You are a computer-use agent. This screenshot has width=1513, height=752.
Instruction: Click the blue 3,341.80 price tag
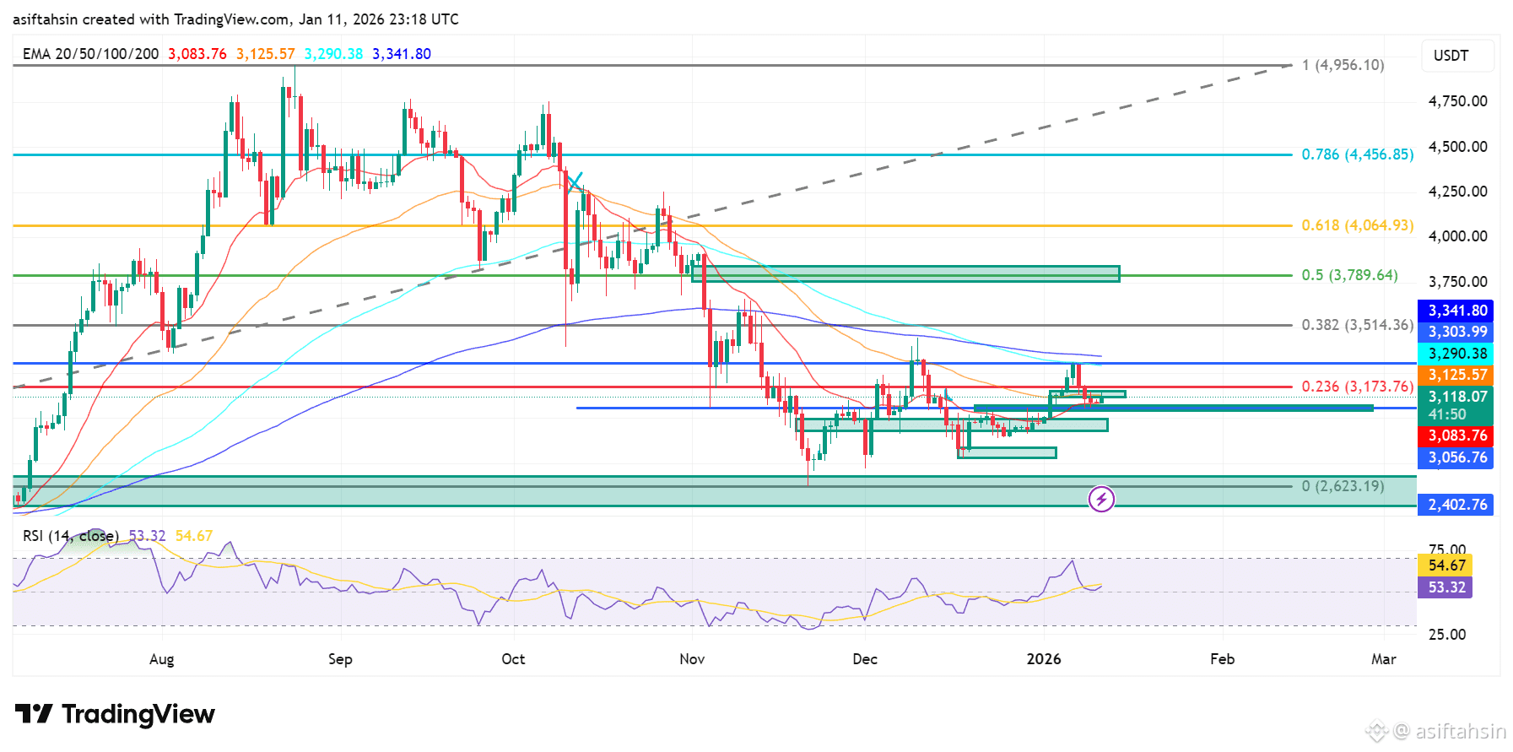point(1457,311)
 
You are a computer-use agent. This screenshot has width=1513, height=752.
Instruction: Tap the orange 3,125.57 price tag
point(1457,375)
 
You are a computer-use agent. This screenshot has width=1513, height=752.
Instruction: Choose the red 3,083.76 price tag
point(1457,436)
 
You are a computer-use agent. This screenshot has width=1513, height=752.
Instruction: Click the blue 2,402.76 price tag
point(1457,505)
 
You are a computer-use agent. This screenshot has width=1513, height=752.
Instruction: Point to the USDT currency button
point(1451,56)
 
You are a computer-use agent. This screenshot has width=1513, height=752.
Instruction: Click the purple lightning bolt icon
point(1101,499)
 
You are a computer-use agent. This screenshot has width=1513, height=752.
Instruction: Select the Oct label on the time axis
point(513,659)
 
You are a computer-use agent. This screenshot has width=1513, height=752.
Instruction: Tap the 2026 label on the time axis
point(1044,659)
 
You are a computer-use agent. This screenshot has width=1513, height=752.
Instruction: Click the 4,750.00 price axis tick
point(1457,101)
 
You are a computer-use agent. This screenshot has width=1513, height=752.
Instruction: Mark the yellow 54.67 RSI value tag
point(1447,565)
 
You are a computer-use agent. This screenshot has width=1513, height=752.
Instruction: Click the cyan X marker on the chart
point(575,181)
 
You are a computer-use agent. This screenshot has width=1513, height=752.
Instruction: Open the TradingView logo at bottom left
point(116,714)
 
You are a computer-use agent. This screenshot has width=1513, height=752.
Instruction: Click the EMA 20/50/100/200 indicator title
point(90,54)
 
